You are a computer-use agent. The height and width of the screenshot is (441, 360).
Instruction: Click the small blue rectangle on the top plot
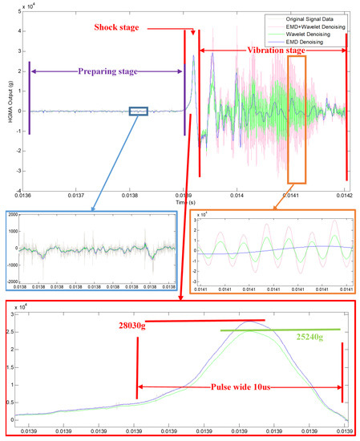tap(138, 112)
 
